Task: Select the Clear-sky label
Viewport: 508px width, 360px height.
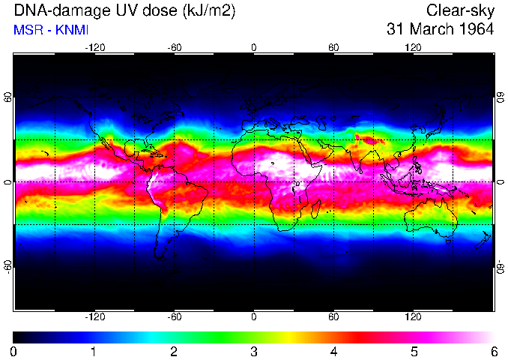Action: (460, 10)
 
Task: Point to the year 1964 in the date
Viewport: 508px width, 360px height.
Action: (477, 30)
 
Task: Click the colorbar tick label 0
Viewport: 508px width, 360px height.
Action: (14, 351)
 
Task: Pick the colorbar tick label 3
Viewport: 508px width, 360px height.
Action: (254, 351)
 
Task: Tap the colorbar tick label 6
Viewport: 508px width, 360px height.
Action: (493, 351)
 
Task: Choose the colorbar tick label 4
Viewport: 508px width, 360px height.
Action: (333, 351)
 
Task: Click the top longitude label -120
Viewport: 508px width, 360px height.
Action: (94, 48)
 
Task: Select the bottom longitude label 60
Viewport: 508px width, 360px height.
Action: (333, 316)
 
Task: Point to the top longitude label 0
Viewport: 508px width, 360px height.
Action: (254, 48)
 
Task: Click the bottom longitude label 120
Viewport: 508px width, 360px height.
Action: (413, 316)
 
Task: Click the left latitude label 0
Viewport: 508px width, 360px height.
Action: (8, 182)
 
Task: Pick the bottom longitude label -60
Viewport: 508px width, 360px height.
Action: (174, 316)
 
